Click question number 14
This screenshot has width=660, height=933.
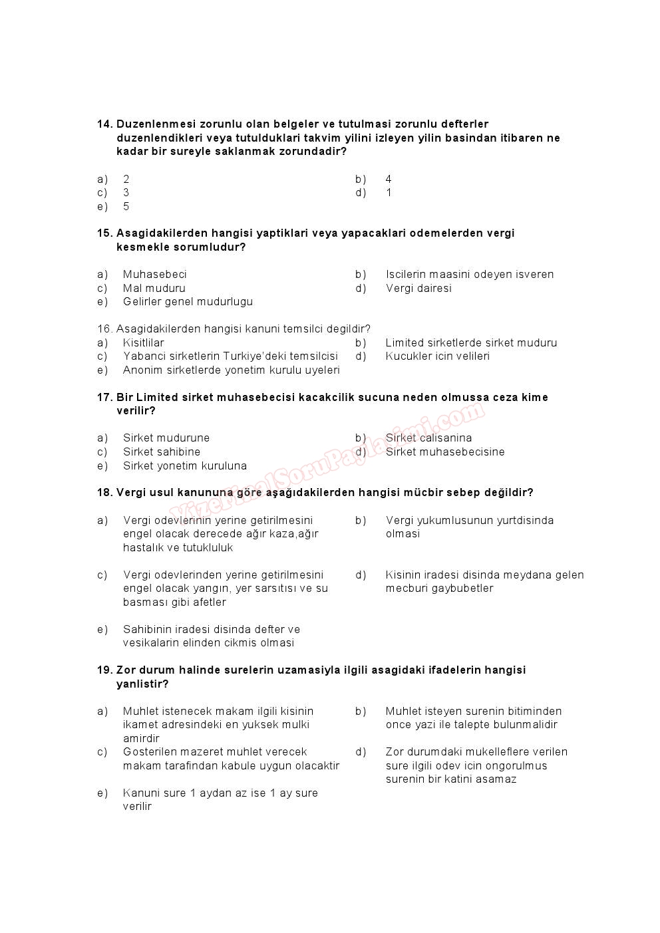tap(104, 124)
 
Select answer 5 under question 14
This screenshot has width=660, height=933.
tap(126, 207)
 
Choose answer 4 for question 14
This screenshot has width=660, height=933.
tap(389, 180)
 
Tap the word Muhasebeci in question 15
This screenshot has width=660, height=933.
tap(154, 275)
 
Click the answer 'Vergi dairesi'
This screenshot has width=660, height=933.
tap(418, 289)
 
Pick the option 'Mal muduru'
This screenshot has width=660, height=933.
tap(154, 289)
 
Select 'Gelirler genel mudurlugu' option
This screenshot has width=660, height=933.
tap(188, 302)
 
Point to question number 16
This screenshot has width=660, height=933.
tap(104, 329)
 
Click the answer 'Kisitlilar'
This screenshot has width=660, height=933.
tap(143, 343)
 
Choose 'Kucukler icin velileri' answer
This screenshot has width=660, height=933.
tap(437, 356)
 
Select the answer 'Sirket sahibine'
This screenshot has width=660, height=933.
tap(162, 452)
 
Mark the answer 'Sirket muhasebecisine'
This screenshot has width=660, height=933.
tap(445, 452)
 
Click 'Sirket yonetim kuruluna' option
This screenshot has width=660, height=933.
tap(185, 466)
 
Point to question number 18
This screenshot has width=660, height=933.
tap(104, 493)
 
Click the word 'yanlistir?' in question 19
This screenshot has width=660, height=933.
tap(142, 684)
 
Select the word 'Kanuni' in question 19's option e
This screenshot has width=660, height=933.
tap(140, 793)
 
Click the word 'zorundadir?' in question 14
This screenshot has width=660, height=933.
tap(313, 152)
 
